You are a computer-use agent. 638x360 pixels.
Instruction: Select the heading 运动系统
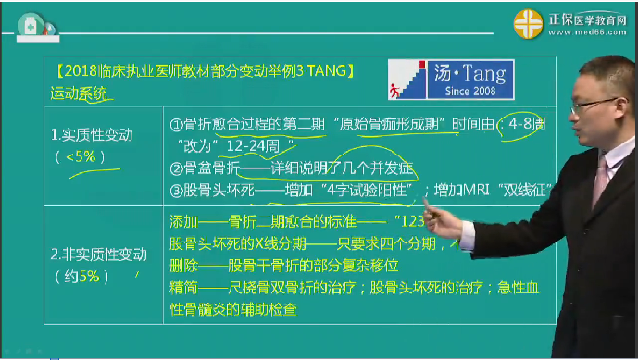pyautogui.click(x=79, y=93)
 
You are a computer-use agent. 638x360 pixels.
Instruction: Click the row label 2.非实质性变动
pyautogui.click(x=98, y=254)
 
